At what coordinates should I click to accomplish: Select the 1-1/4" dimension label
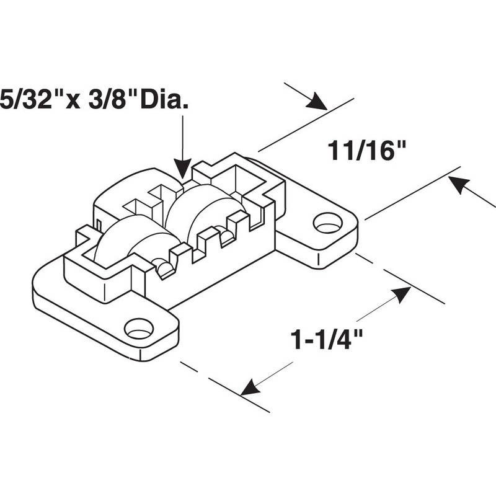(326, 340)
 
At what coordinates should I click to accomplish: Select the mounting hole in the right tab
(327, 223)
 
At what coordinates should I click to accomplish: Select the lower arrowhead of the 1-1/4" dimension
(250, 388)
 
